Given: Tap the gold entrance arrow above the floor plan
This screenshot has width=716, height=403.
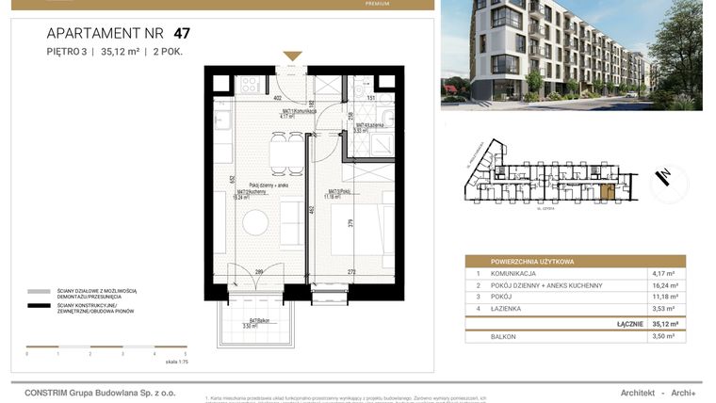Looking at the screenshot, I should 293,56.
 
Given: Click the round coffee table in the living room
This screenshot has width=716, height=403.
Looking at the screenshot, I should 255,221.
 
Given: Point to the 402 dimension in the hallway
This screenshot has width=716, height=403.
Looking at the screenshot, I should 278,97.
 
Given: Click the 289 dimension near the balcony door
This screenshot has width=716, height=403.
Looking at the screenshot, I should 259,273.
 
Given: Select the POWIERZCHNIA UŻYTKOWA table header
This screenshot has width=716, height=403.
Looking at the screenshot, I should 533,261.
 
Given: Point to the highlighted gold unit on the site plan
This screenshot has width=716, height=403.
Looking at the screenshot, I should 608,193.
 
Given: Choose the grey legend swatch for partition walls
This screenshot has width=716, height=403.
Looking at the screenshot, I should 39,292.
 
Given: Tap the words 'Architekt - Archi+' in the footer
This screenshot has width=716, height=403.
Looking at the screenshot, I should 658,393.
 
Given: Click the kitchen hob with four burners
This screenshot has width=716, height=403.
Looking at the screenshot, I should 250,84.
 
